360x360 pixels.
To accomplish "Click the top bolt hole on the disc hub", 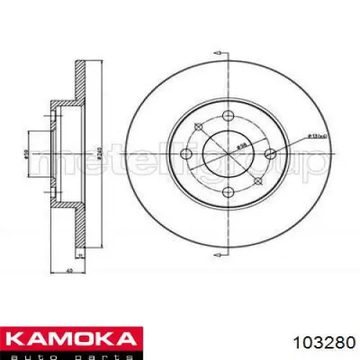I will (x=228, y=116).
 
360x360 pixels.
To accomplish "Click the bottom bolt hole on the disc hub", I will (x=228, y=189).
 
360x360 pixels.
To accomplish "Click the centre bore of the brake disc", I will (x=228, y=153).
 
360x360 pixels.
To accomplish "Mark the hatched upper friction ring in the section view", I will (x=81, y=79).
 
